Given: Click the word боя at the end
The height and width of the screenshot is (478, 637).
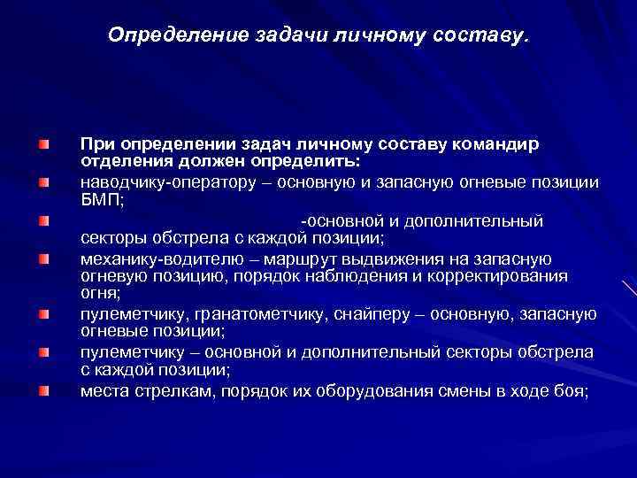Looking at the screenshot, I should (571, 391).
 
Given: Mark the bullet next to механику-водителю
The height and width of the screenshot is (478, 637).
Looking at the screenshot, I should (43, 259).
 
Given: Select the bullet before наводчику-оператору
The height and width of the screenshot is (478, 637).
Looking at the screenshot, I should (43, 182).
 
